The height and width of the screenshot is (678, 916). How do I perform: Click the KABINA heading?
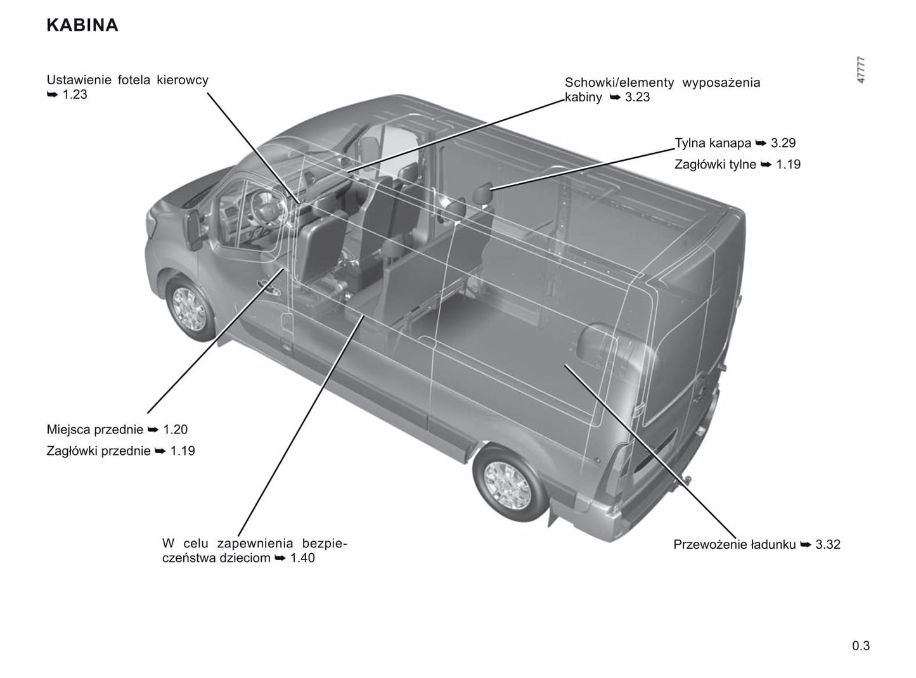[82, 25]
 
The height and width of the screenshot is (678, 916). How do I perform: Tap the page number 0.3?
[861, 645]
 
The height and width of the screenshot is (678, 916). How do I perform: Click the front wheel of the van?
[190, 309]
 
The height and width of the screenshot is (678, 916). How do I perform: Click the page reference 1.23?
[75, 94]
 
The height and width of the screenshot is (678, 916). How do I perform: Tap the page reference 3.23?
[637, 97]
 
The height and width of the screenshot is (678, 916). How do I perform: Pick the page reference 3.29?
[783, 143]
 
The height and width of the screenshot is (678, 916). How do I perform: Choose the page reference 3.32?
[828, 544]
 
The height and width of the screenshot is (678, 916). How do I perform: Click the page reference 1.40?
[302, 558]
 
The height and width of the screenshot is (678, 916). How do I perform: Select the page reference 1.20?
[175, 430]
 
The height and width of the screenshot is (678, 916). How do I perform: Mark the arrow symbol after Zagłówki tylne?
[766, 164]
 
